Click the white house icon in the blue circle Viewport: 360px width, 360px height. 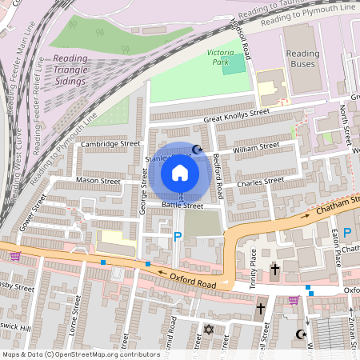[x=180, y=172]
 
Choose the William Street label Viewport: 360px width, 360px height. [x=255, y=147]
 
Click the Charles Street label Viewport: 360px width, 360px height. [x=260, y=182]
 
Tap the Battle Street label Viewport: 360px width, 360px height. [x=183, y=206]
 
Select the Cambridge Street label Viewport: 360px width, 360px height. [x=110, y=144]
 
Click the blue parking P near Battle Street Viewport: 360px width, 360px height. [x=178, y=236]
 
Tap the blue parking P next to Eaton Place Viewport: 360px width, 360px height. [x=347, y=233]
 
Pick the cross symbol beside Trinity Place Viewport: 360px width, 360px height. [x=274, y=270]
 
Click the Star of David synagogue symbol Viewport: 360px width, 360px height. [x=209, y=329]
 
